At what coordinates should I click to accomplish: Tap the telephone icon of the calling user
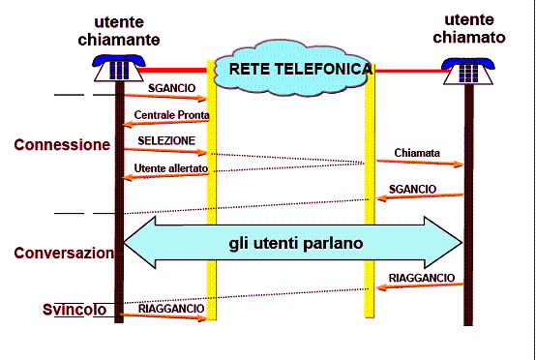[x=118, y=69]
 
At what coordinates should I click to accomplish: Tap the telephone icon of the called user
[x=467, y=71]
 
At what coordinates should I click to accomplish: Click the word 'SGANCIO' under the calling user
[x=172, y=87]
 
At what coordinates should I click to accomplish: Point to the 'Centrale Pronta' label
[x=171, y=114]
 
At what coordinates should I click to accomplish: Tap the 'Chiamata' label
[x=417, y=152]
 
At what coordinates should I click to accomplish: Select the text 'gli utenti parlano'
[x=296, y=243]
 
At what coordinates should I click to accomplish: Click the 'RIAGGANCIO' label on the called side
[x=422, y=278]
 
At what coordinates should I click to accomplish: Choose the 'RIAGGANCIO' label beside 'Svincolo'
[x=171, y=308]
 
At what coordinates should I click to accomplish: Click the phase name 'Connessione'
[x=62, y=144]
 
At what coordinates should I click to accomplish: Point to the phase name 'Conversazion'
[x=64, y=253]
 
